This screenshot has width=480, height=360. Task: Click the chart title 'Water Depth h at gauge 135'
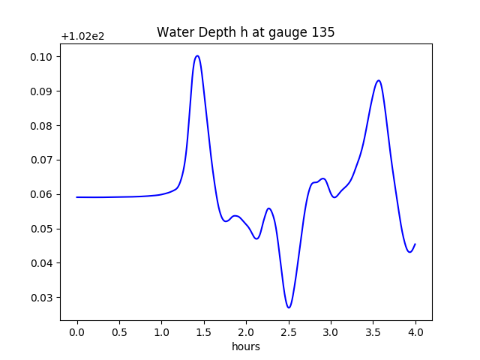[x=245, y=33]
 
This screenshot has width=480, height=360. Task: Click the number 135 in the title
[x=324, y=33]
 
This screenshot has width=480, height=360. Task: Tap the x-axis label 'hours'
[x=246, y=346]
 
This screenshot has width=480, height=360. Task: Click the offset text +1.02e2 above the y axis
[x=82, y=36]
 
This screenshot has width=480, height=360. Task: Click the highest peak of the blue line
[x=197, y=55]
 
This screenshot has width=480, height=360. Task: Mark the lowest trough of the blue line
[x=289, y=307]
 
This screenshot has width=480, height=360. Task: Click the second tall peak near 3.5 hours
[x=379, y=80]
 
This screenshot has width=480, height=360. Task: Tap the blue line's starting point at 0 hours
[x=77, y=197]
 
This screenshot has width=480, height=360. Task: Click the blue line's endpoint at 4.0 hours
[x=415, y=244]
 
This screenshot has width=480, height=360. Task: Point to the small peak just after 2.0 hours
[x=268, y=208]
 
